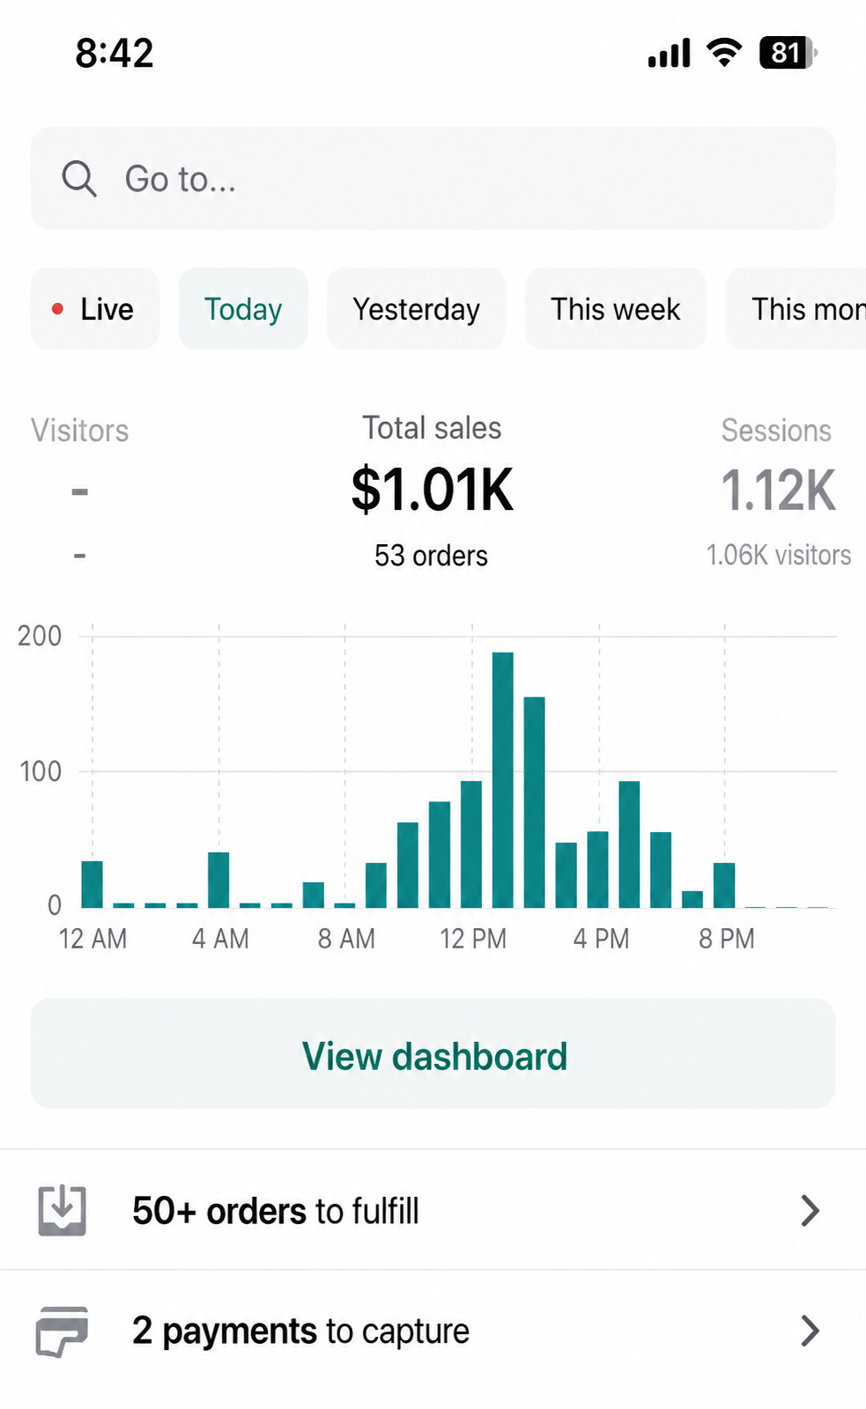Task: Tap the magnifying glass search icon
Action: click(79, 180)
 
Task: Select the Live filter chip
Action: click(95, 308)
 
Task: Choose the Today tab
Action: click(243, 308)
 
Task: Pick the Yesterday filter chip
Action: click(416, 308)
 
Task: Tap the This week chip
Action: click(616, 308)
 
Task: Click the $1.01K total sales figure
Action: click(433, 490)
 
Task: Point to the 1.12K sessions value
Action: click(779, 490)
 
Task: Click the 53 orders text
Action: click(431, 556)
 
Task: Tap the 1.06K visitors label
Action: click(779, 555)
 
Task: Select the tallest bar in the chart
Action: click(502, 780)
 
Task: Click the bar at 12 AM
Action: click(92, 884)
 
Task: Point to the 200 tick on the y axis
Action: click(40, 636)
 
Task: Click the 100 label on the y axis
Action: click(41, 771)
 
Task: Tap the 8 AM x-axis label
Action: click(346, 939)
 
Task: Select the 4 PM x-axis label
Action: click(601, 939)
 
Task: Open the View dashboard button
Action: click(433, 1053)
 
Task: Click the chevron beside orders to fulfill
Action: click(810, 1212)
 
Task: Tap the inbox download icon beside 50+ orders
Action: click(62, 1211)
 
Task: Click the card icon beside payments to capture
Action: click(62, 1331)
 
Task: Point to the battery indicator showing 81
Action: click(788, 53)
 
